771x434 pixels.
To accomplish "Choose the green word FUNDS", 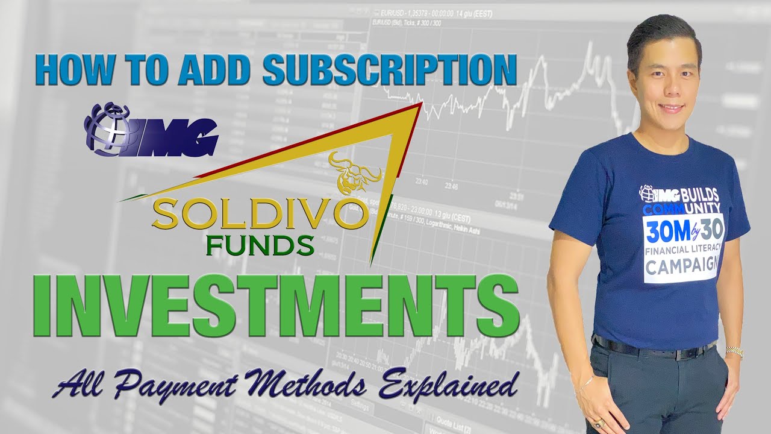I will click(x=259, y=245).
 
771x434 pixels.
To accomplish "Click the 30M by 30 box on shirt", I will click(x=684, y=232).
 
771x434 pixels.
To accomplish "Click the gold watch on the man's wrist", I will click(x=734, y=351).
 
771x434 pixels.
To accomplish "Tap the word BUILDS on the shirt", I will click(x=695, y=193).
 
